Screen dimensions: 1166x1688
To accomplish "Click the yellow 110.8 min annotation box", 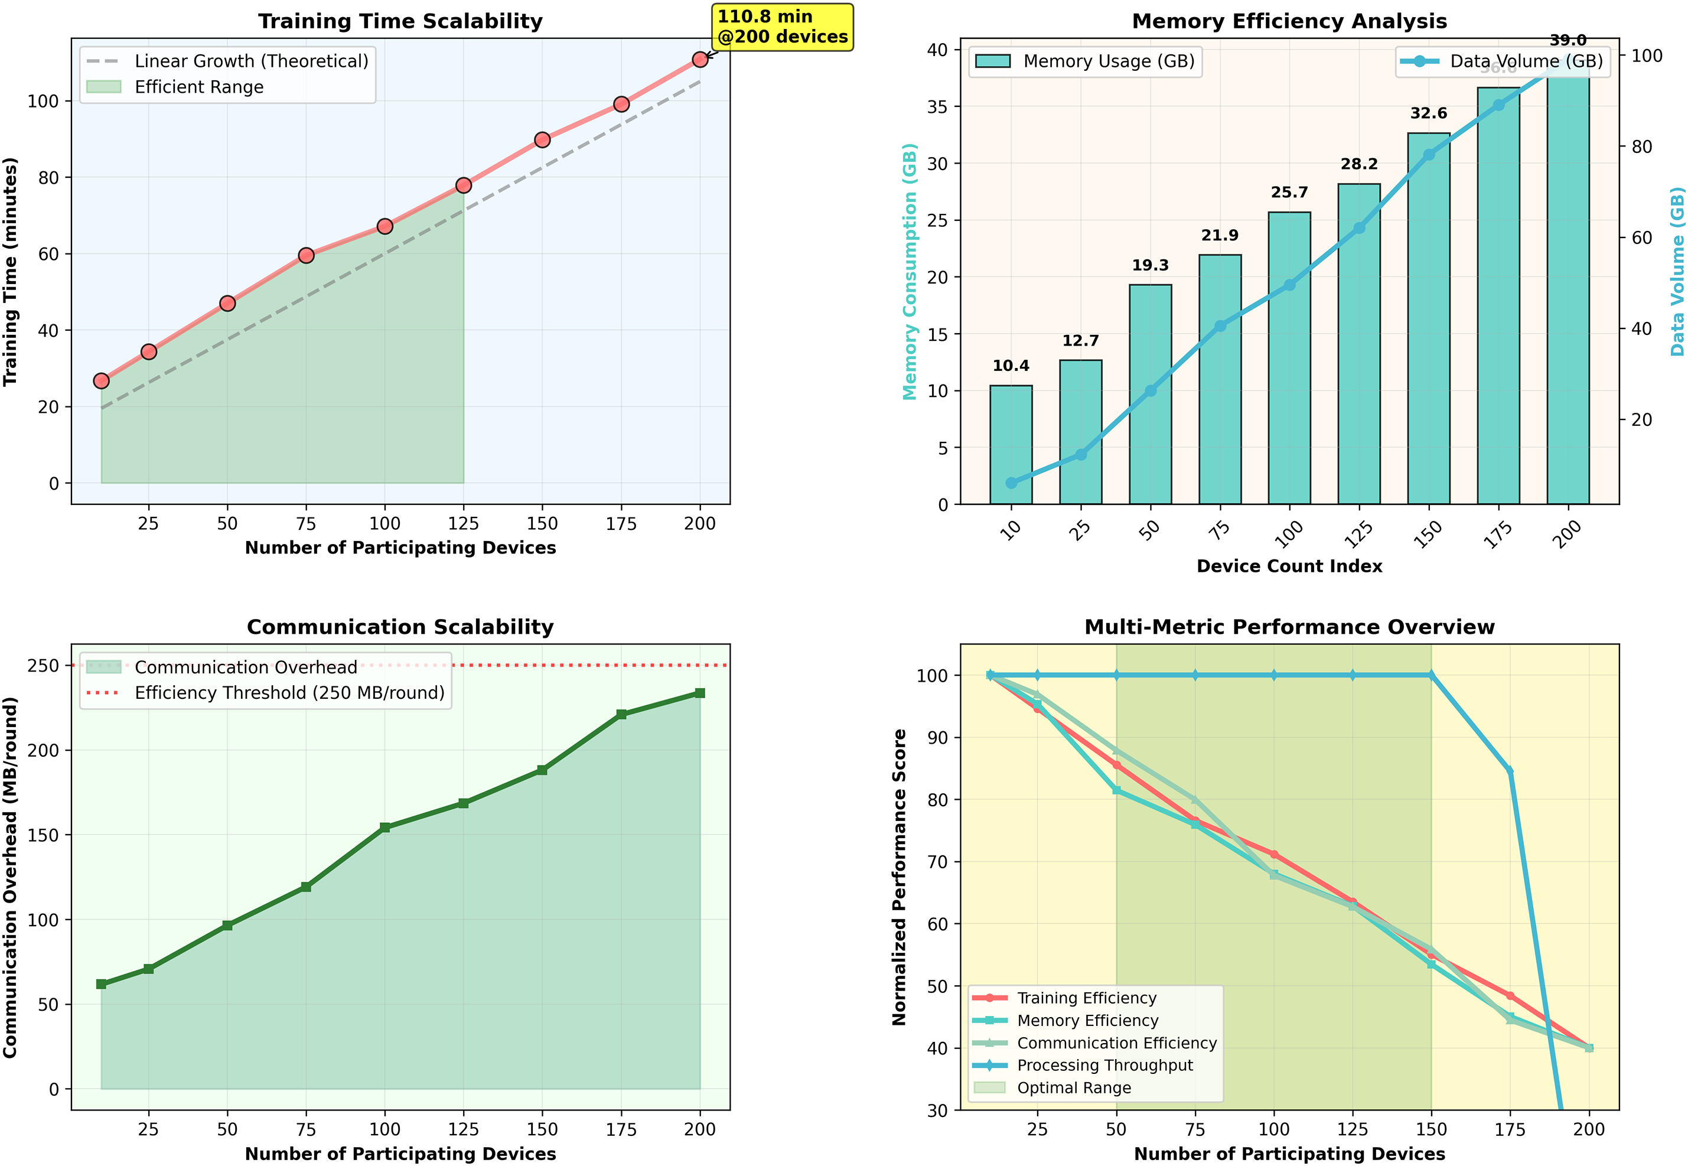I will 781,27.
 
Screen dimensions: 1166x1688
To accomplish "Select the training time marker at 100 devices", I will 385,226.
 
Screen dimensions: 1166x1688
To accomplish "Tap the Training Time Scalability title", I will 400,21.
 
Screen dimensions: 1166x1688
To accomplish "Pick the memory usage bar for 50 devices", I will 1150,395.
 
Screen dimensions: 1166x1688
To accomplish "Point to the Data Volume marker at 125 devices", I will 1358,229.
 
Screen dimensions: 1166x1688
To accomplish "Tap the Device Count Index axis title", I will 1289,566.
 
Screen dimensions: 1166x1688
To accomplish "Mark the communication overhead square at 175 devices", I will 621,715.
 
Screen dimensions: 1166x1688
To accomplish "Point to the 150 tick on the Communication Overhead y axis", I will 43,835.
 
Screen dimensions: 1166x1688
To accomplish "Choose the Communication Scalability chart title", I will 400,627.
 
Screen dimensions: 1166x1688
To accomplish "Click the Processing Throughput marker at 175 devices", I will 1510,771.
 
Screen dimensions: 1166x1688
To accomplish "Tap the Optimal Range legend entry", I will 1074,1088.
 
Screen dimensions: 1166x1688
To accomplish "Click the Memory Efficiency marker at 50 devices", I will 1116,790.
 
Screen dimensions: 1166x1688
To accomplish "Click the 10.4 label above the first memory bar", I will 1011,366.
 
